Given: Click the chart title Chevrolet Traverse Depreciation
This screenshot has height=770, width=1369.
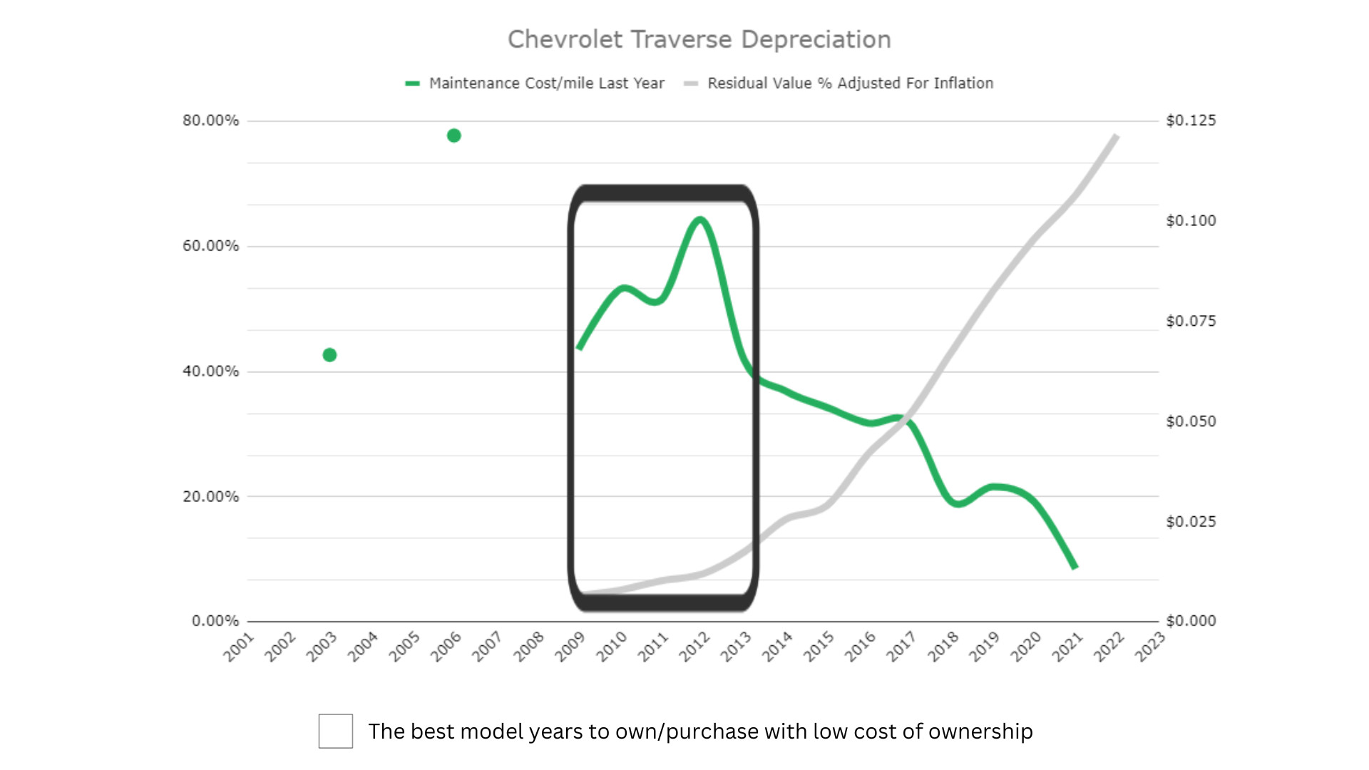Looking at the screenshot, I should point(699,40).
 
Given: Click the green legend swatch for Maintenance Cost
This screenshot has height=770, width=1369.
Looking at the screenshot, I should point(412,83).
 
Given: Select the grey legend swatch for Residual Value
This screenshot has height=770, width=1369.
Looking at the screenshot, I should point(690,83).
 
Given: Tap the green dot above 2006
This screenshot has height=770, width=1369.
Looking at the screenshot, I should point(453,135).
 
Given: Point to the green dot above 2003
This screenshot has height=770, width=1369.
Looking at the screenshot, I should point(329,355).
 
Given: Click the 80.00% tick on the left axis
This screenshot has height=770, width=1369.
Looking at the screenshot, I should point(210,120).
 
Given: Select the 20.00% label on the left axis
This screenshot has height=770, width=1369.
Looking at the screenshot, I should point(210,496).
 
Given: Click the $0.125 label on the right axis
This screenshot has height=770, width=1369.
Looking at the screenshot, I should point(1191,120).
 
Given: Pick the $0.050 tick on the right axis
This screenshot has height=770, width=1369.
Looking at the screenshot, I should point(1191,421).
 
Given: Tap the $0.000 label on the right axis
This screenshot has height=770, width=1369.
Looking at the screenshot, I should point(1191,621).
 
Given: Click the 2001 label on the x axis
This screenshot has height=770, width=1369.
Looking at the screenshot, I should point(239,647).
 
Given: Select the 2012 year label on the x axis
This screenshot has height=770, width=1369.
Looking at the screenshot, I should point(694,647).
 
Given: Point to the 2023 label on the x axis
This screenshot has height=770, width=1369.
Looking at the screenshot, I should point(1149,647).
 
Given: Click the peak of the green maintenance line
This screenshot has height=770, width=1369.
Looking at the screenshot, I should point(700,220).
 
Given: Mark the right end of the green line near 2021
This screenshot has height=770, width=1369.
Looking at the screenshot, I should point(1075,567).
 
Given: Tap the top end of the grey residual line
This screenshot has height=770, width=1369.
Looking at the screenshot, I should point(1117,135).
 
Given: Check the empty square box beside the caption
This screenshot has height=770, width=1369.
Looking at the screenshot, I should point(336,731).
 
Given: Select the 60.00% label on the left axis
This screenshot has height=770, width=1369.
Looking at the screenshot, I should point(210,246).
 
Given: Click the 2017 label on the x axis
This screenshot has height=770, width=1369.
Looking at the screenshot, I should point(901,647).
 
